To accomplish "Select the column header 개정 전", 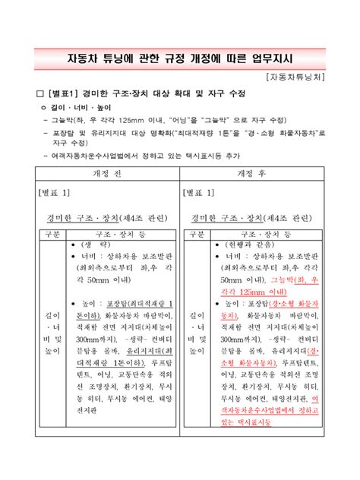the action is [x=103, y=172].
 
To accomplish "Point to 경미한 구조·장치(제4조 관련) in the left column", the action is [x=104, y=218].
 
